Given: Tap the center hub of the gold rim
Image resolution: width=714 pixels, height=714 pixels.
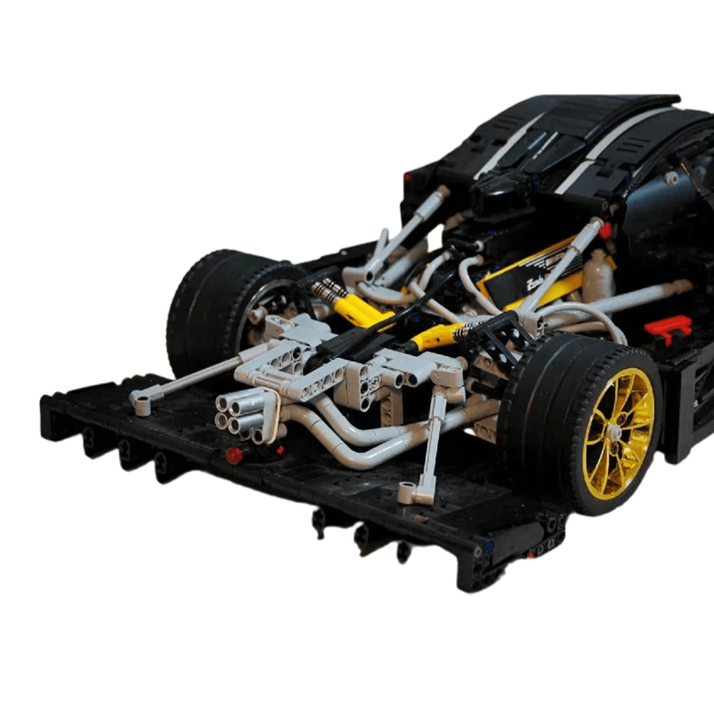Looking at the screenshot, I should (615, 432).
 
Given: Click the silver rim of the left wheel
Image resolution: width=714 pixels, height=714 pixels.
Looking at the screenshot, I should (268, 312).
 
